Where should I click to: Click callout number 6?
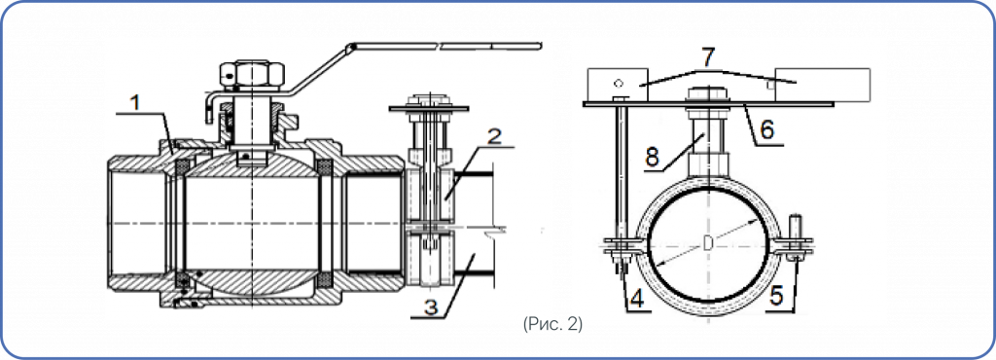[767, 130]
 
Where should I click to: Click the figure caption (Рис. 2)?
[553, 324]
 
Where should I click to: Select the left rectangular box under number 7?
[616, 85]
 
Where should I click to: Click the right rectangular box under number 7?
[823, 85]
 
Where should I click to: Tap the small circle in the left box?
[618, 82]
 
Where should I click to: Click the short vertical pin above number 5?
[793, 228]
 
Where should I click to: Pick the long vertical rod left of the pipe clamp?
[622, 172]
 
